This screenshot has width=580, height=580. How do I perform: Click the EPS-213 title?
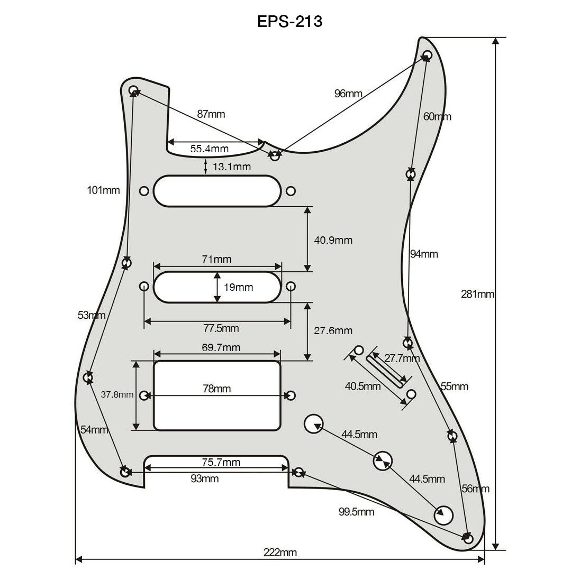click(289, 21)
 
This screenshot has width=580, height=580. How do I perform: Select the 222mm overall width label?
click(280, 553)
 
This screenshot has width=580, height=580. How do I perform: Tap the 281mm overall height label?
click(477, 294)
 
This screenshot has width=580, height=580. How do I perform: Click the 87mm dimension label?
click(211, 114)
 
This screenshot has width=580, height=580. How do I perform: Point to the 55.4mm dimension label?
click(210, 149)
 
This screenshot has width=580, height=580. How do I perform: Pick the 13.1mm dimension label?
click(232, 167)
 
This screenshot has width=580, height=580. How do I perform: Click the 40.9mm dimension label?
click(333, 240)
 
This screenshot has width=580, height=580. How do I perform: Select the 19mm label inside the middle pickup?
click(238, 288)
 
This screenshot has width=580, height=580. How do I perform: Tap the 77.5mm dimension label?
click(221, 328)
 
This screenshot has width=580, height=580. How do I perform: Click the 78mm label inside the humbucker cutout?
click(217, 389)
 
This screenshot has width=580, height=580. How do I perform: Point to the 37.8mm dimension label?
click(117, 394)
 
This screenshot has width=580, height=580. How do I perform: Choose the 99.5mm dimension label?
click(356, 511)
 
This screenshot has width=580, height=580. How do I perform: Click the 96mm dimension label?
click(348, 94)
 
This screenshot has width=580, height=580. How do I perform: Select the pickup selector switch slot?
click(387, 367)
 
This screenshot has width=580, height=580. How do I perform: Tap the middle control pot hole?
click(383, 461)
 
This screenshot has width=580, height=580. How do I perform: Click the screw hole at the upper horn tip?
click(428, 55)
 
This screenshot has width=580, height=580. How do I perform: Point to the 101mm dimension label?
click(104, 190)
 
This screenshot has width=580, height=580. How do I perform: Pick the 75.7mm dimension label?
click(221, 463)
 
